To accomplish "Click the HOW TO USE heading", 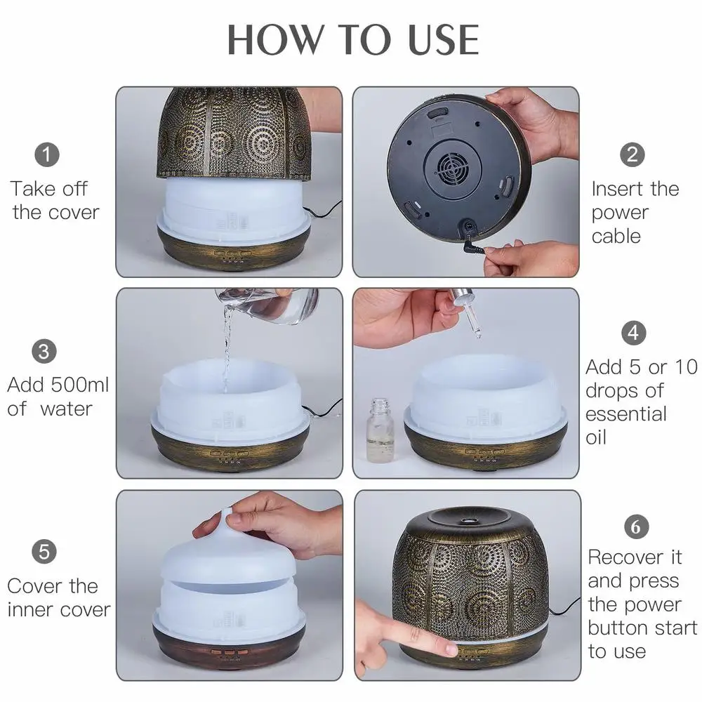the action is click(353, 39).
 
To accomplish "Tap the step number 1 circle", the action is click(47, 155).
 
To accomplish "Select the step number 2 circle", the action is click(633, 155).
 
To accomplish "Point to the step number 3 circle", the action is click(44, 352).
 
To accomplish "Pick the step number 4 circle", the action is click(633, 333).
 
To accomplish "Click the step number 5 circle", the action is click(44, 552).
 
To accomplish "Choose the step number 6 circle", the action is click(636, 527).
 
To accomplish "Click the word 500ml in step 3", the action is click(80, 385).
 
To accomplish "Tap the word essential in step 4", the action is click(626, 414).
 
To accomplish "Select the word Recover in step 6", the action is click(626, 557).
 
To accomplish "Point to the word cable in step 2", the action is click(616, 236).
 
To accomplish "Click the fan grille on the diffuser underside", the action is click(453, 169).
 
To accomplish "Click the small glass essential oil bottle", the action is click(380, 430).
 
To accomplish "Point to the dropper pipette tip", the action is click(477, 334).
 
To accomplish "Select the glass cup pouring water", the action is click(267, 306).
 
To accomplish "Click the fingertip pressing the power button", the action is click(451, 647).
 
